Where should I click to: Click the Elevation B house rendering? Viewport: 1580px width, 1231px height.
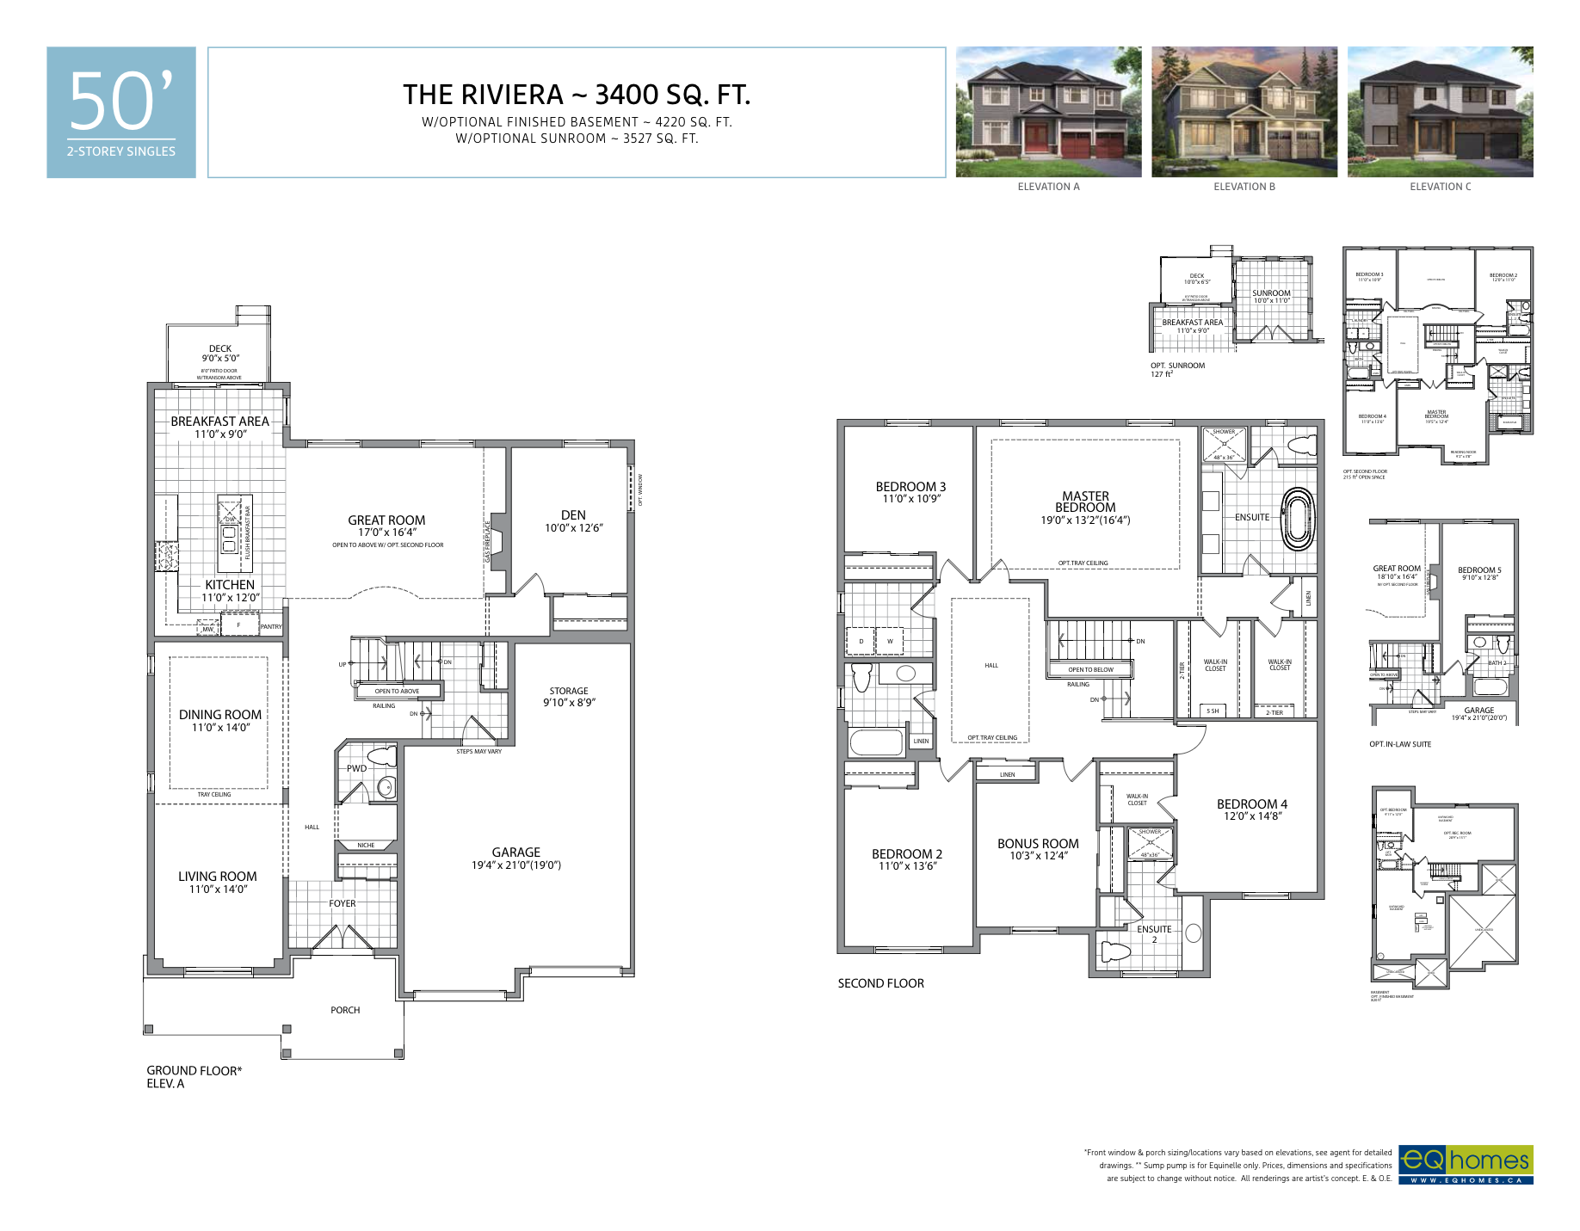click(1244, 112)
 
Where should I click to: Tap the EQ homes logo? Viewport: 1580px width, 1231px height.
click(1465, 1164)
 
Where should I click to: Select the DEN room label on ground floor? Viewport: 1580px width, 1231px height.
click(573, 515)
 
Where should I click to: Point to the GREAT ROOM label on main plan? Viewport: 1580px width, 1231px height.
click(386, 520)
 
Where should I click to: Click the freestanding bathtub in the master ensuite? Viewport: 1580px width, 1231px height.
click(1299, 519)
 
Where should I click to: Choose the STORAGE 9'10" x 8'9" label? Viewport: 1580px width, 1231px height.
click(569, 697)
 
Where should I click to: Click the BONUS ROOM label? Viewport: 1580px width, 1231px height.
click(1038, 844)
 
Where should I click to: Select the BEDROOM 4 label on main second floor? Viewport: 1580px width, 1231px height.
click(1251, 804)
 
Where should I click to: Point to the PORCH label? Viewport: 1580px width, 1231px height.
click(345, 1010)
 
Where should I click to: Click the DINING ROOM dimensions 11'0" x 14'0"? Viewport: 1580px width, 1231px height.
click(220, 728)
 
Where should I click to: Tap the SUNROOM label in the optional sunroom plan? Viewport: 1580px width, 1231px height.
click(1271, 293)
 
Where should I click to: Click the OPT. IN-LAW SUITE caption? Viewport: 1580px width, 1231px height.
click(1400, 744)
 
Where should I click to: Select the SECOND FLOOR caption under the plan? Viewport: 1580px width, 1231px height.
click(880, 983)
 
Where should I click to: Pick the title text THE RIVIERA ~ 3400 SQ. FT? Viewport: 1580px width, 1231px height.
click(577, 95)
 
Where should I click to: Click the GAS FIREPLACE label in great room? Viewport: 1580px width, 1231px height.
click(488, 542)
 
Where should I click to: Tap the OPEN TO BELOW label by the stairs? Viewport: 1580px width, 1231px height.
click(1090, 669)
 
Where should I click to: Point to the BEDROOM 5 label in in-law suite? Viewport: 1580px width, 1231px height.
click(1478, 570)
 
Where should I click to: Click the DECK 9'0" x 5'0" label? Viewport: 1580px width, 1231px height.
click(220, 354)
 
